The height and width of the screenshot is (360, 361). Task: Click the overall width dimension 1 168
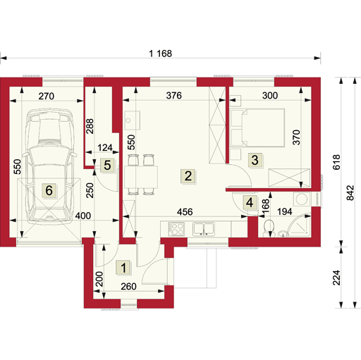click(x=161, y=54)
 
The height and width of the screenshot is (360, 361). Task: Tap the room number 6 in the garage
click(x=49, y=190)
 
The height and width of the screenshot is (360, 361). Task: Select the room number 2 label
click(x=188, y=176)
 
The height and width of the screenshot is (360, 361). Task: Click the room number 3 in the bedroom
click(x=255, y=160)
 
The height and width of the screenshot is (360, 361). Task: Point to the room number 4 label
click(x=250, y=202)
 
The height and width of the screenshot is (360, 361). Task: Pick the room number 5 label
click(x=107, y=165)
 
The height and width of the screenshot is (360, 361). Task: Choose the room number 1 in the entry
click(x=123, y=268)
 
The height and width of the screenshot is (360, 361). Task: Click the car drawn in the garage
click(x=49, y=166)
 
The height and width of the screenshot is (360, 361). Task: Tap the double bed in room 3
click(x=257, y=128)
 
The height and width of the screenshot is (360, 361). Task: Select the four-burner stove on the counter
click(x=176, y=229)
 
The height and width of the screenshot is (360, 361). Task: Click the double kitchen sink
click(x=204, y=229)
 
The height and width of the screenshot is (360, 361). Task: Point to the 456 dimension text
click(x=185, y=212)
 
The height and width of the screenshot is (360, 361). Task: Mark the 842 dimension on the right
click(x=350, y=193)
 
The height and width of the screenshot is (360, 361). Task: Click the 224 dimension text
click(x=337, y=278)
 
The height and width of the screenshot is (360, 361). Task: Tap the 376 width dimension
click(x=174, y=96)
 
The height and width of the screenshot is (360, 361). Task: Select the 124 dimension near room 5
click(x=105, y=148)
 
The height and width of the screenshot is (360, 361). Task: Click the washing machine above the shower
click(x=302, y=199)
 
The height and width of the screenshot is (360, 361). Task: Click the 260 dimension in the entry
click(x=128, y=287)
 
